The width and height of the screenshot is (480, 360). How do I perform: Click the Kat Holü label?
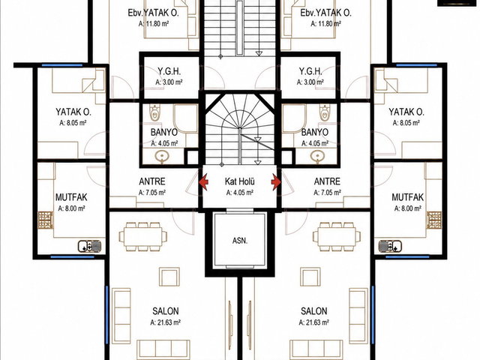pyautogui.click(x=240, y=181)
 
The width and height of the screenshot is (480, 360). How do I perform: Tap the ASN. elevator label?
pyautogui.click(x=240, y=241)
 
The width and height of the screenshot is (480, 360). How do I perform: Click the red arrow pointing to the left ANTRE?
pyautogui.click(x=203, y=181)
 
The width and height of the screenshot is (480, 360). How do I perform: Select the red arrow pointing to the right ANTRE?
pyautogui.click(x=276, y=182)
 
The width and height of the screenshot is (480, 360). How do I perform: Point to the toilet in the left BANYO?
pyautogui.click(x=155, y=112)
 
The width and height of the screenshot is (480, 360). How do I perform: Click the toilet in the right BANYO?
pyautogui.click(x=325, y=112)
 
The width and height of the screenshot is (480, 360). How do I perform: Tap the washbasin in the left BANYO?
pyautogui.click(x=162, y=157)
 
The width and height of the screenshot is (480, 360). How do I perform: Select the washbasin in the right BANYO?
pyautogui.click(x=317, y=157)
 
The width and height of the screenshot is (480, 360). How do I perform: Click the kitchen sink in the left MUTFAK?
pyautogui.click(x=89, y=246)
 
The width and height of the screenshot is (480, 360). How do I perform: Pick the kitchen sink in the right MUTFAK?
pyautogui.click(x=390, y=246)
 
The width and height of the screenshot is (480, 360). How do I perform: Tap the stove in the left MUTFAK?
pyautogui.click(x=46, y=220)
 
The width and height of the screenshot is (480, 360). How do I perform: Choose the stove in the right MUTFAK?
pyautogui.click(x=434, y=220)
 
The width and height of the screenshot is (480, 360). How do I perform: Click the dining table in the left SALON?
pyautogui.click(x=143, y=237)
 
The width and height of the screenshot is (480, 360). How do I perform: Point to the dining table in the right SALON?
pyautogui.click(x=337, y=237)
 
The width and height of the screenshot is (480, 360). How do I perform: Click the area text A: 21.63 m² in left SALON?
pyautogui.click(x=165, y=322)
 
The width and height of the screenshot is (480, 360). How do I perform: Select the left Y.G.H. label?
pyautogui.click(x=169, y=71)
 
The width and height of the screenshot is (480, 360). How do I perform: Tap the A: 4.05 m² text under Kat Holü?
pyautogui.click(x=240, y=193)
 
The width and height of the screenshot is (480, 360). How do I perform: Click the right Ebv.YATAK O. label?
pyautogui.click(x=325, y=13)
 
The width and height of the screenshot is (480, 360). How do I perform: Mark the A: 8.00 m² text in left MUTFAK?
pyautogui.click(x=72, y=208)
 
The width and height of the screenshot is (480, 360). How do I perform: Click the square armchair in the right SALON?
pyautogui.click(x=310, y=277)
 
